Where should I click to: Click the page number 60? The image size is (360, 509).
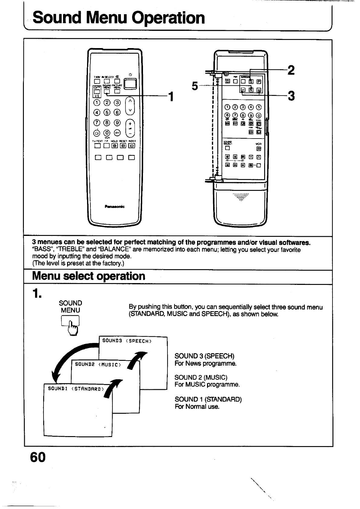point(38,457)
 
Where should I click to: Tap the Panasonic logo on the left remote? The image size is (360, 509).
point(115,207)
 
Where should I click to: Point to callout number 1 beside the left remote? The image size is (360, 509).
point(171,97)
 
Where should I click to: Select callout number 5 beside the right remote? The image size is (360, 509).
point(195,86)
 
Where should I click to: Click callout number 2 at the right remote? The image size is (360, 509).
point(291,70)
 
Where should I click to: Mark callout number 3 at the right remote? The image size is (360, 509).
point(291,96)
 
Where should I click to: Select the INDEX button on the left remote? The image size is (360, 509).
point(132,146)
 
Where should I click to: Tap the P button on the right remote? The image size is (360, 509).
point(259,81)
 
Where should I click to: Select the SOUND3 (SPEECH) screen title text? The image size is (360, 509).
point(127,341)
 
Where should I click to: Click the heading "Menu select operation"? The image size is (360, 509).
point(89,276)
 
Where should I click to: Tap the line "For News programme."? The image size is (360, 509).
point(206,364)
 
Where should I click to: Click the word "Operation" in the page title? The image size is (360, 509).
point(170,18)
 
